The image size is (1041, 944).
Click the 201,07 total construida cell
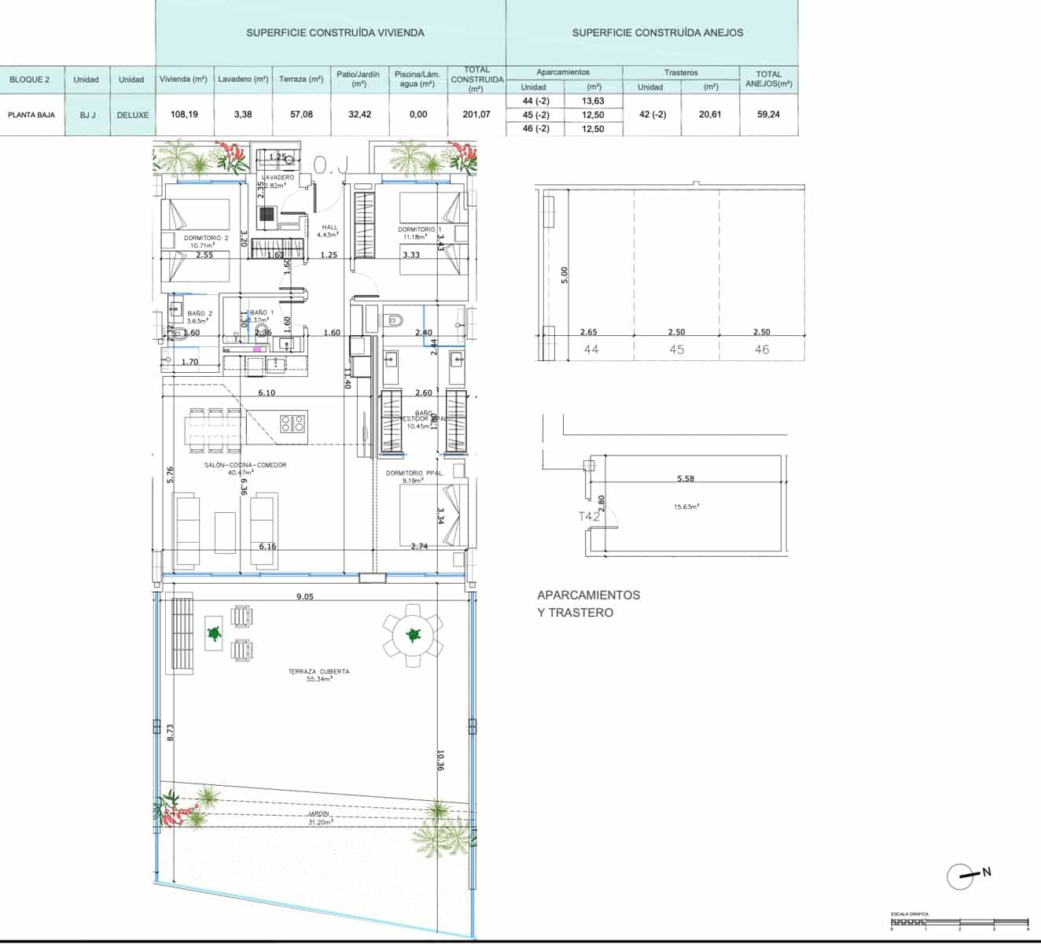pos(476,115)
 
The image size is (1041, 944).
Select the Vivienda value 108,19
pos(184,115)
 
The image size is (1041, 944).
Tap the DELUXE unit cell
pos(132,115)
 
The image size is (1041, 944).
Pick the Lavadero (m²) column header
pos(243,79)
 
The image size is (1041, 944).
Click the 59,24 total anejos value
pos(768,115)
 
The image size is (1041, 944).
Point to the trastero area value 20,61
pos(709,115)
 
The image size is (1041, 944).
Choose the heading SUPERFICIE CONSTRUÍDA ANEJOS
pos(657,33)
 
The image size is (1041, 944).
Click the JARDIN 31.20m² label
pos(318,818)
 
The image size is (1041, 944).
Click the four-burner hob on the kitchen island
pos(292,422)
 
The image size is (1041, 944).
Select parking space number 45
pos(676,349)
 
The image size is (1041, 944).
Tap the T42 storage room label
pos(589,516)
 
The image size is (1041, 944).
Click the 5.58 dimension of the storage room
pos(686,478)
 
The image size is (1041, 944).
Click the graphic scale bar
pos(959,920)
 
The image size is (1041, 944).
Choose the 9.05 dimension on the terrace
pos(305,596)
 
